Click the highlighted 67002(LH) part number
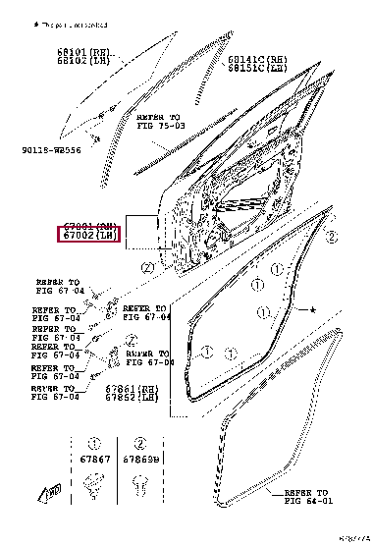point(88,237)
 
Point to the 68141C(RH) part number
point(259,60)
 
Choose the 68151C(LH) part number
point(259,69)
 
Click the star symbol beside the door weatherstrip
point(313,311)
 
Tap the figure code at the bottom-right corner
point(354,538)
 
